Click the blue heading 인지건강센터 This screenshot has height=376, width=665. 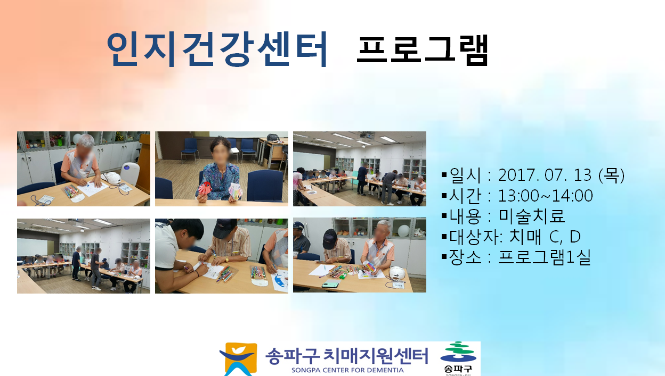click(217, 49)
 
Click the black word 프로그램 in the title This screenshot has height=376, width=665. click(423, 50)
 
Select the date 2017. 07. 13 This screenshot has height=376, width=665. click(545, 175)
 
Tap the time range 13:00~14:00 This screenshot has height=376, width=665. click(545, 196)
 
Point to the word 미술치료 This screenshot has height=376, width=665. click(531, 216)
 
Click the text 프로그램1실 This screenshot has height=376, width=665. click(545, 257)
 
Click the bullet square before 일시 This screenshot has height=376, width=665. click(444, 174)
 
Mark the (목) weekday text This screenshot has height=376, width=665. click(612, 175)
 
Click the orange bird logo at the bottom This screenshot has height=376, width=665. click(238, 359)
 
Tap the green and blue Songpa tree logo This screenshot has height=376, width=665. click(458, 353)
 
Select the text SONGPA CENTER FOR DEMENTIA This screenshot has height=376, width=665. click(347, 370)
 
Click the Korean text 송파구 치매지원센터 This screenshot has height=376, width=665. click(347, 356)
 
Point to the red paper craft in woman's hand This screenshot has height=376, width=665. click(205, 188)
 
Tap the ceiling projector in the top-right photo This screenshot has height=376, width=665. click(367, 136)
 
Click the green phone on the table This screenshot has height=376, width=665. click(330, 285)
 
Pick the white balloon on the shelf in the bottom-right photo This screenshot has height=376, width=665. click(404, 231)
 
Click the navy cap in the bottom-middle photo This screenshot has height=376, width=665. click(225, 228)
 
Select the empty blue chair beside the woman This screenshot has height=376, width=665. click(265, 186)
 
